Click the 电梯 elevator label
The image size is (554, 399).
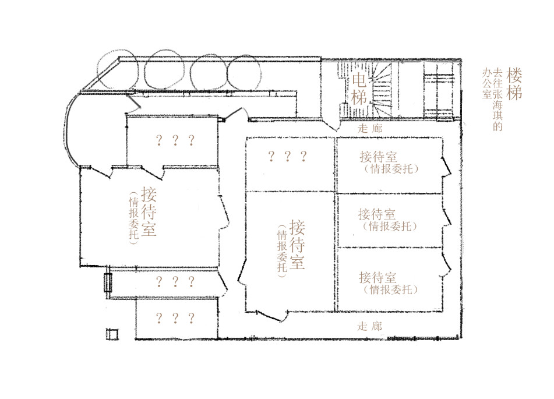(359, 90)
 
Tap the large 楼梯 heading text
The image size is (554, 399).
(514, 84)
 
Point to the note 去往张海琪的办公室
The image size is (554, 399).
(492, 99)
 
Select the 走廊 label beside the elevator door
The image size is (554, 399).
(370, 128)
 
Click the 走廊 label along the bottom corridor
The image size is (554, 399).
(369, 326)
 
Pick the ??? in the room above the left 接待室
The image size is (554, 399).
(175, 140)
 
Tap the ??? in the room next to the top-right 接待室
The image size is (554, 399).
(287, 156)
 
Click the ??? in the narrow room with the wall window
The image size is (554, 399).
(175, 281)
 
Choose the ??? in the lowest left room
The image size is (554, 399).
(175, 318)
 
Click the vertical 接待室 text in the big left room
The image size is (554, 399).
(149, 211)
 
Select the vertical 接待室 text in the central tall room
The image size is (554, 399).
(297, 245)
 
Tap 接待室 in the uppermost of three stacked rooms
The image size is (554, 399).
(379, 157)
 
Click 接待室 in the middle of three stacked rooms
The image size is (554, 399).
(377, 214)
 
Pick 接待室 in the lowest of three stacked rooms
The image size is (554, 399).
(377, 277)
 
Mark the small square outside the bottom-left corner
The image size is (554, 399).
(112, 334)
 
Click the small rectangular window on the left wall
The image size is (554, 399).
(108, 283)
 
